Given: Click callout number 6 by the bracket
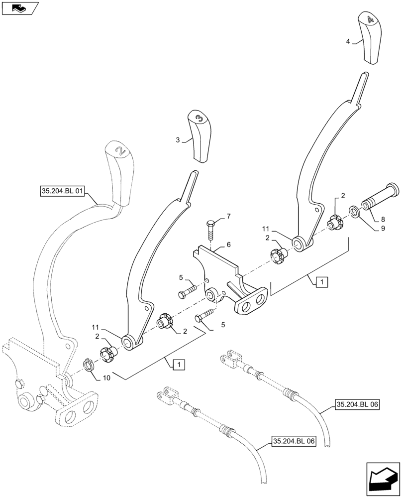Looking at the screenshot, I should (x=228, y=245).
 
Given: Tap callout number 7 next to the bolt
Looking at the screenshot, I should (x=228, y=216).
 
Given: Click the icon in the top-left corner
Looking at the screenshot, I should (x=20, y=8).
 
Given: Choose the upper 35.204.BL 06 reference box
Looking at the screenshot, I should (x=357, y=405).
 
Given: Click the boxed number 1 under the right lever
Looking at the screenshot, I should (x=321, y=282).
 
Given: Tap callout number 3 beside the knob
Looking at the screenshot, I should (x=178, y=140).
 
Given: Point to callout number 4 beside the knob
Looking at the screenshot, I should (x=348, y=42).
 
